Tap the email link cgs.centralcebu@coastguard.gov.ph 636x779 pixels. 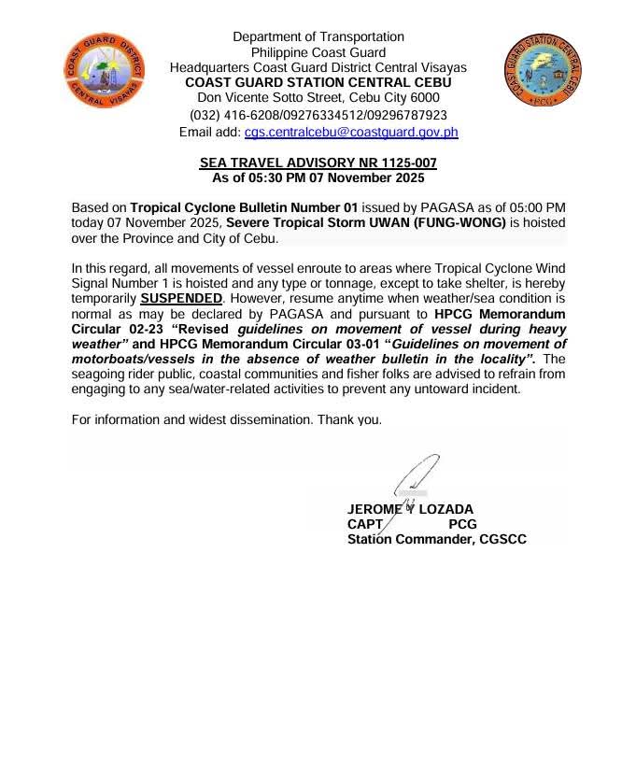point(351,133)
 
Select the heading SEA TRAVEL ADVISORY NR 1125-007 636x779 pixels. point(318,163)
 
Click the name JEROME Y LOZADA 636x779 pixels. point(410,509)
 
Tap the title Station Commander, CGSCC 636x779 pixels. point(436,539)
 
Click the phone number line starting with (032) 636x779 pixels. point(318,115)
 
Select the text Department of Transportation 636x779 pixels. point(318,36)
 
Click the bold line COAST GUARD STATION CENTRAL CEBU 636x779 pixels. point(318,82)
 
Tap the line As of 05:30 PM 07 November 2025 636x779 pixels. point(318,177)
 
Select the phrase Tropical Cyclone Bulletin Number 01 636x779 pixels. point(244,207)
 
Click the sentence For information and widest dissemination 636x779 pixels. point(227,419)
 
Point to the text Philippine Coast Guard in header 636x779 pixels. point(318,52)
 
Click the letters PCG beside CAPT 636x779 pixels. point(463,524)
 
